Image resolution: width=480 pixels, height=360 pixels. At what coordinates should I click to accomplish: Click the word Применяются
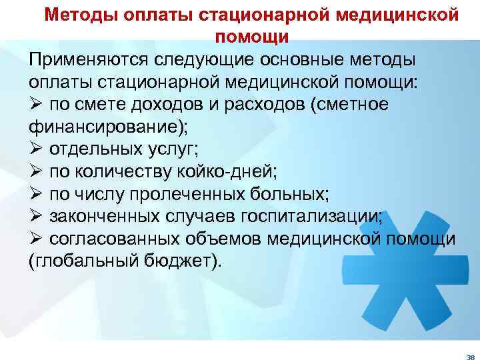[90, 59]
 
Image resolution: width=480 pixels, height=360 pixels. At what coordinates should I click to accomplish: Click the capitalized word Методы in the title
[81, 15]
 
